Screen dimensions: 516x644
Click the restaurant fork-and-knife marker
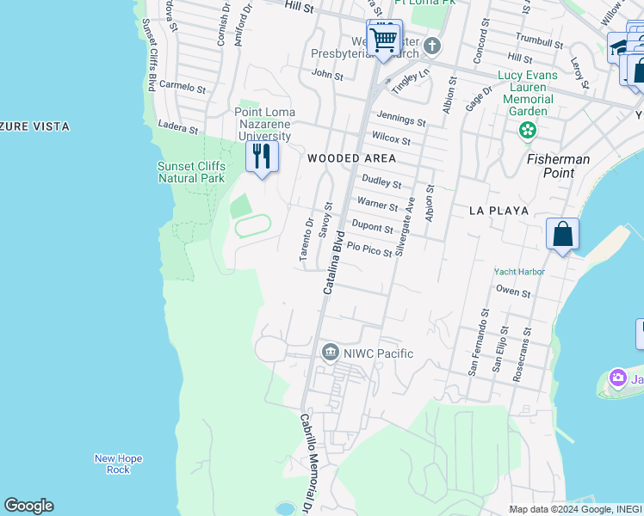[x=262, y=157]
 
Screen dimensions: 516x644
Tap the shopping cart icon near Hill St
[x=384, y=38]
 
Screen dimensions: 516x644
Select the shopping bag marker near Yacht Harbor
[x=562, y=234]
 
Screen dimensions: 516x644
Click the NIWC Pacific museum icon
[x=330, y=353]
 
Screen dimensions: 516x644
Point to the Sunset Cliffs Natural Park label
[x=191, y=172]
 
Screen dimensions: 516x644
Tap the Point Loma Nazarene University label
[x=264, y=125]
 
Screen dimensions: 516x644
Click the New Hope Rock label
[x=112, y=464]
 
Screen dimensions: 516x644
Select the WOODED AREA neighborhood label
[x=352, y=158]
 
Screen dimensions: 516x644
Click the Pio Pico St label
[x=369, y=249]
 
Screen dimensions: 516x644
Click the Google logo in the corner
[x=28, y=506]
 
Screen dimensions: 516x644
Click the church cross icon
[x=432, y=46]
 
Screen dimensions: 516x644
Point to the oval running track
[x=252, y=225]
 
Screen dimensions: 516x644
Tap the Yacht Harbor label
[x=519, y=272]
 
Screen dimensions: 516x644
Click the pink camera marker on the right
[x=617, y=378]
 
